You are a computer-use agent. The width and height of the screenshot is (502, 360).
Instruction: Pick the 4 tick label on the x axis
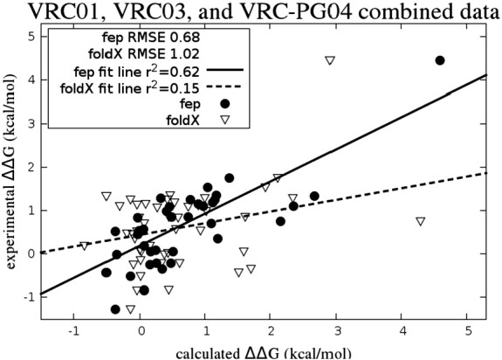pos(402,331)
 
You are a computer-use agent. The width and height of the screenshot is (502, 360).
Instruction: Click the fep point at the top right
pos(440,60)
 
